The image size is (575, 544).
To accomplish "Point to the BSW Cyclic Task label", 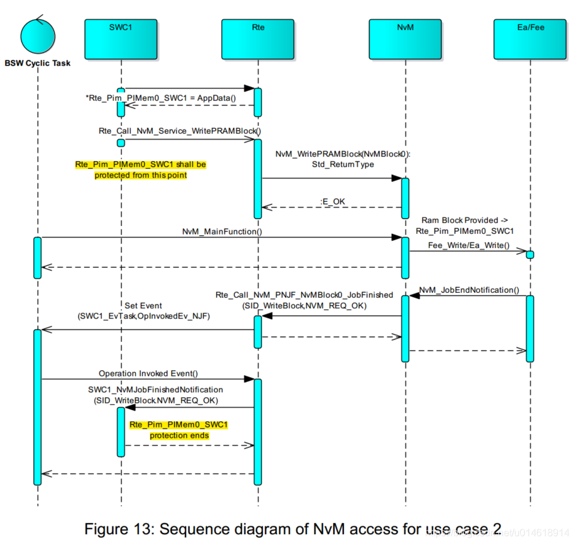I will click(x=37, y=63).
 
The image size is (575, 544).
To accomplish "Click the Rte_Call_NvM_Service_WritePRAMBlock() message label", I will click(x=179, y=131).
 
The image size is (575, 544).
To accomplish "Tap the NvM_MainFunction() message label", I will click(x=222, y=231).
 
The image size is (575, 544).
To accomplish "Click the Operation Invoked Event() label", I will click(x=148, y=373).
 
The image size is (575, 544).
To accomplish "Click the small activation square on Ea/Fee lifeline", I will click(x=530, y=254).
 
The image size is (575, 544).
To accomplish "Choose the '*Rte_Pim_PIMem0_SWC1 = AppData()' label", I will click(x=160, y=97).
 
